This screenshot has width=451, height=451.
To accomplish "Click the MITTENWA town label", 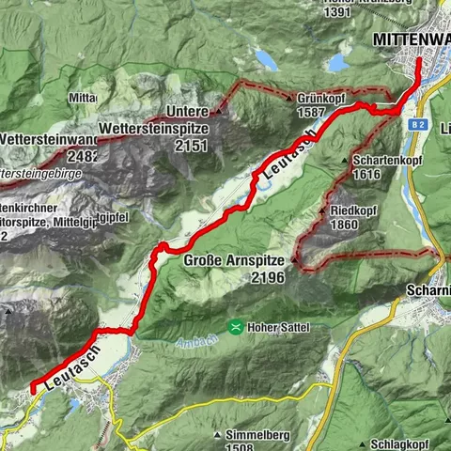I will point(411,39).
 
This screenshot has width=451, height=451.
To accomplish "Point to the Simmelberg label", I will point(257,436).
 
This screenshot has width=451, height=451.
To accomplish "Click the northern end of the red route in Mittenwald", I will point(418,59).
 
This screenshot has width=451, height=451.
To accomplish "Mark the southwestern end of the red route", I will point(33,387).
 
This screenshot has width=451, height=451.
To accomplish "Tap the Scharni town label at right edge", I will point(428,290).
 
